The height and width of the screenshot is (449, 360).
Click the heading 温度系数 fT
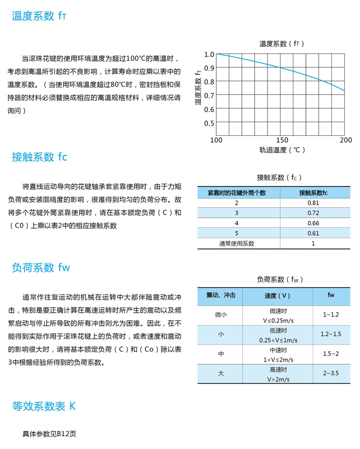tap(39, 16)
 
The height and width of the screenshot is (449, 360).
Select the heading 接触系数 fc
tap(39, 157)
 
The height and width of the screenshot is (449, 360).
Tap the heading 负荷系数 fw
tap(41, 267)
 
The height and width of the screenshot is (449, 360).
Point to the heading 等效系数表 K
tap(44, 406)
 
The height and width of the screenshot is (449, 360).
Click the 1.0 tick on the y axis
tap(209, 55)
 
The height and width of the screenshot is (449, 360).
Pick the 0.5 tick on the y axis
tap(209, 123)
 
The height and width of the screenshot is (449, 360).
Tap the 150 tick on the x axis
tap(281, 140)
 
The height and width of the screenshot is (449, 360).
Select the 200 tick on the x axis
tap(345, 140)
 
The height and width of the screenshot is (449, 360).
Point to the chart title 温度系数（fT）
tap(282, 44)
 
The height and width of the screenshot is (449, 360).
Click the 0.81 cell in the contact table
tap(313, 203)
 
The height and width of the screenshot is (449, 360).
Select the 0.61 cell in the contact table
tap(313, 233)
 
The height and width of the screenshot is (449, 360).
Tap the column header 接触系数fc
tap(313, 193)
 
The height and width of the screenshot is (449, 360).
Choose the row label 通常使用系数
tap(237, 243)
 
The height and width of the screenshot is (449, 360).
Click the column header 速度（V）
tap(277, 296)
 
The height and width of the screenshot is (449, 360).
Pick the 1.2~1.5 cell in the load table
tap(331, 334)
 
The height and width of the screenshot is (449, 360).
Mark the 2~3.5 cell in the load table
tap(331, 374)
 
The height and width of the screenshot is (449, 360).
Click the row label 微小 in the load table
tap(221, 315)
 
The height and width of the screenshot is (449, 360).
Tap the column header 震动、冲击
tap(221, 296)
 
